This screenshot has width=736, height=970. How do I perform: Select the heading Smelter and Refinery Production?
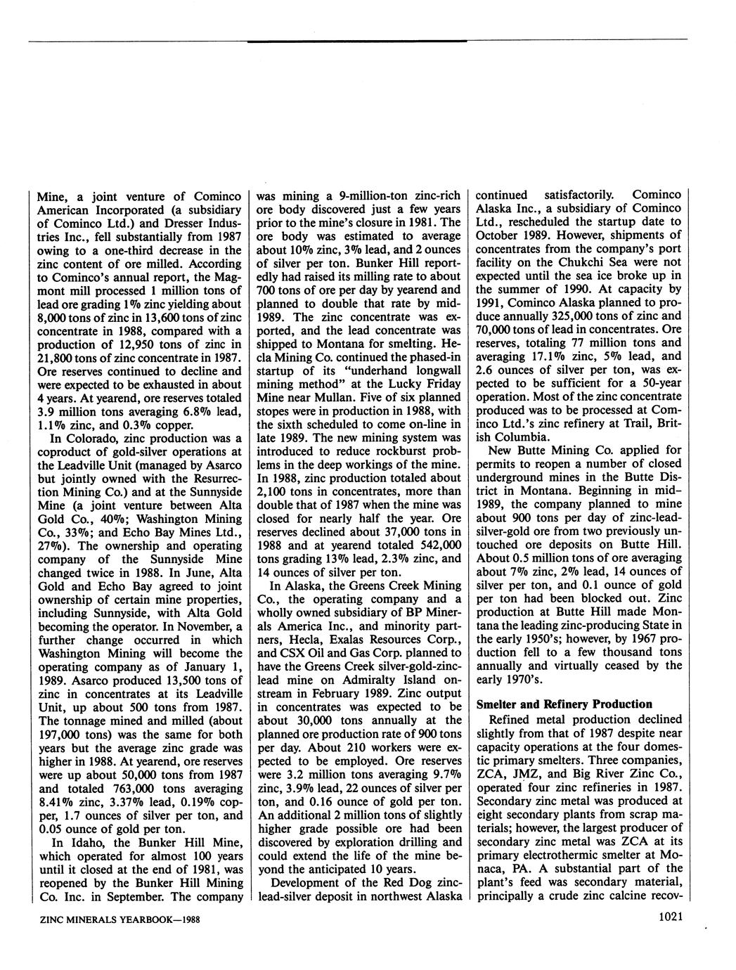pyautogui.click(x=564, y=704)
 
